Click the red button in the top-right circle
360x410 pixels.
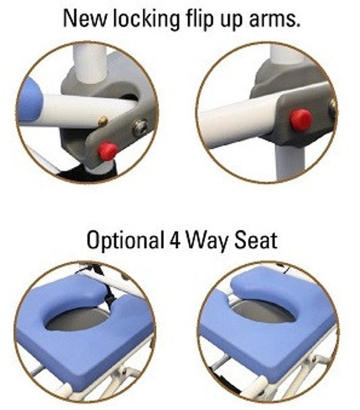(301, 119)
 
